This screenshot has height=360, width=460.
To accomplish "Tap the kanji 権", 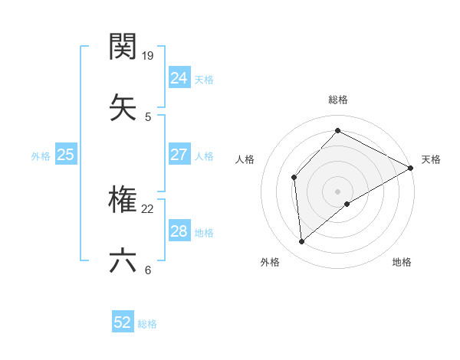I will (123, 200).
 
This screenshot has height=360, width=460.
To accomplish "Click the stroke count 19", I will (149, 55).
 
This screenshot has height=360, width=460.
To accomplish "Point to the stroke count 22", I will (149, 209).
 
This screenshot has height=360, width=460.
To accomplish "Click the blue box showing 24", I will (179, 77).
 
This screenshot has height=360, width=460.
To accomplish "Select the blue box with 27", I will (179, 155).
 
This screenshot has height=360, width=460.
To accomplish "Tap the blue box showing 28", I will (179, 231).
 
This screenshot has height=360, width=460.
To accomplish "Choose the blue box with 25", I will (65, 155).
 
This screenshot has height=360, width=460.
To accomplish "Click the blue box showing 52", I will (123, 322).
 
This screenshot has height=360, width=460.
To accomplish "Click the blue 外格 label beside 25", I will (41, 156).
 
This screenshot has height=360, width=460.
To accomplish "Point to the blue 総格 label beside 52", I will (147, 324).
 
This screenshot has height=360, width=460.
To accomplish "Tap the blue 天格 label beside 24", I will (204, 79).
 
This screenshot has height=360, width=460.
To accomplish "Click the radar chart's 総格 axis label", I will (337, 100).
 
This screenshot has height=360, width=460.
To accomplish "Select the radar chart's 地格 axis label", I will (402, 262).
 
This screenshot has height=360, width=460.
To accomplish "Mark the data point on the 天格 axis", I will (411, 168).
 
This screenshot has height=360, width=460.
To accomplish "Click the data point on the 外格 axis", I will (302, 241).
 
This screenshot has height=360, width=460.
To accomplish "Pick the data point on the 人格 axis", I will (294, 177).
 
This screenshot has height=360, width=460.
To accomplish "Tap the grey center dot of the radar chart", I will (337, 191).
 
